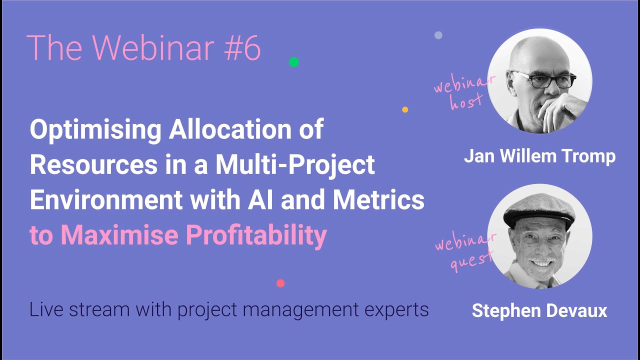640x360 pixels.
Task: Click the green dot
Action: (x=294, y=62)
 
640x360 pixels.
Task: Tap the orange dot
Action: (x=405, y=109)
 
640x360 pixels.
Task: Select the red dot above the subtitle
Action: (x=280, y=283)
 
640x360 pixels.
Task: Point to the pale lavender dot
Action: (x=438, y=35)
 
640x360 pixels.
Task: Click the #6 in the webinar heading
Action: (x=242, y=47)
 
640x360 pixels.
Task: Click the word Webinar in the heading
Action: (x=153, y=47)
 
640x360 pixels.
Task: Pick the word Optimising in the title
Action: (x=95, y=130)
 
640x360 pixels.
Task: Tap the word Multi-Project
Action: (x=295, y=165)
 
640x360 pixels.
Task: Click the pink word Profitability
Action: (x=256, y=235)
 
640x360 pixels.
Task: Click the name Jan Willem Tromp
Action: (x=539, y=156)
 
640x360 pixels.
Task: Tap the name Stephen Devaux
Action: (x=539, y=310)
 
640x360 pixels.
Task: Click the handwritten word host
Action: (x=466, y=101)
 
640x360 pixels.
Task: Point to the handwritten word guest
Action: (x=471, y=261)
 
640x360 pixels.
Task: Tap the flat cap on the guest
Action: (x=539, y=210)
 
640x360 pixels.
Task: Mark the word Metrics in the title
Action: (x=378, y=199)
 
